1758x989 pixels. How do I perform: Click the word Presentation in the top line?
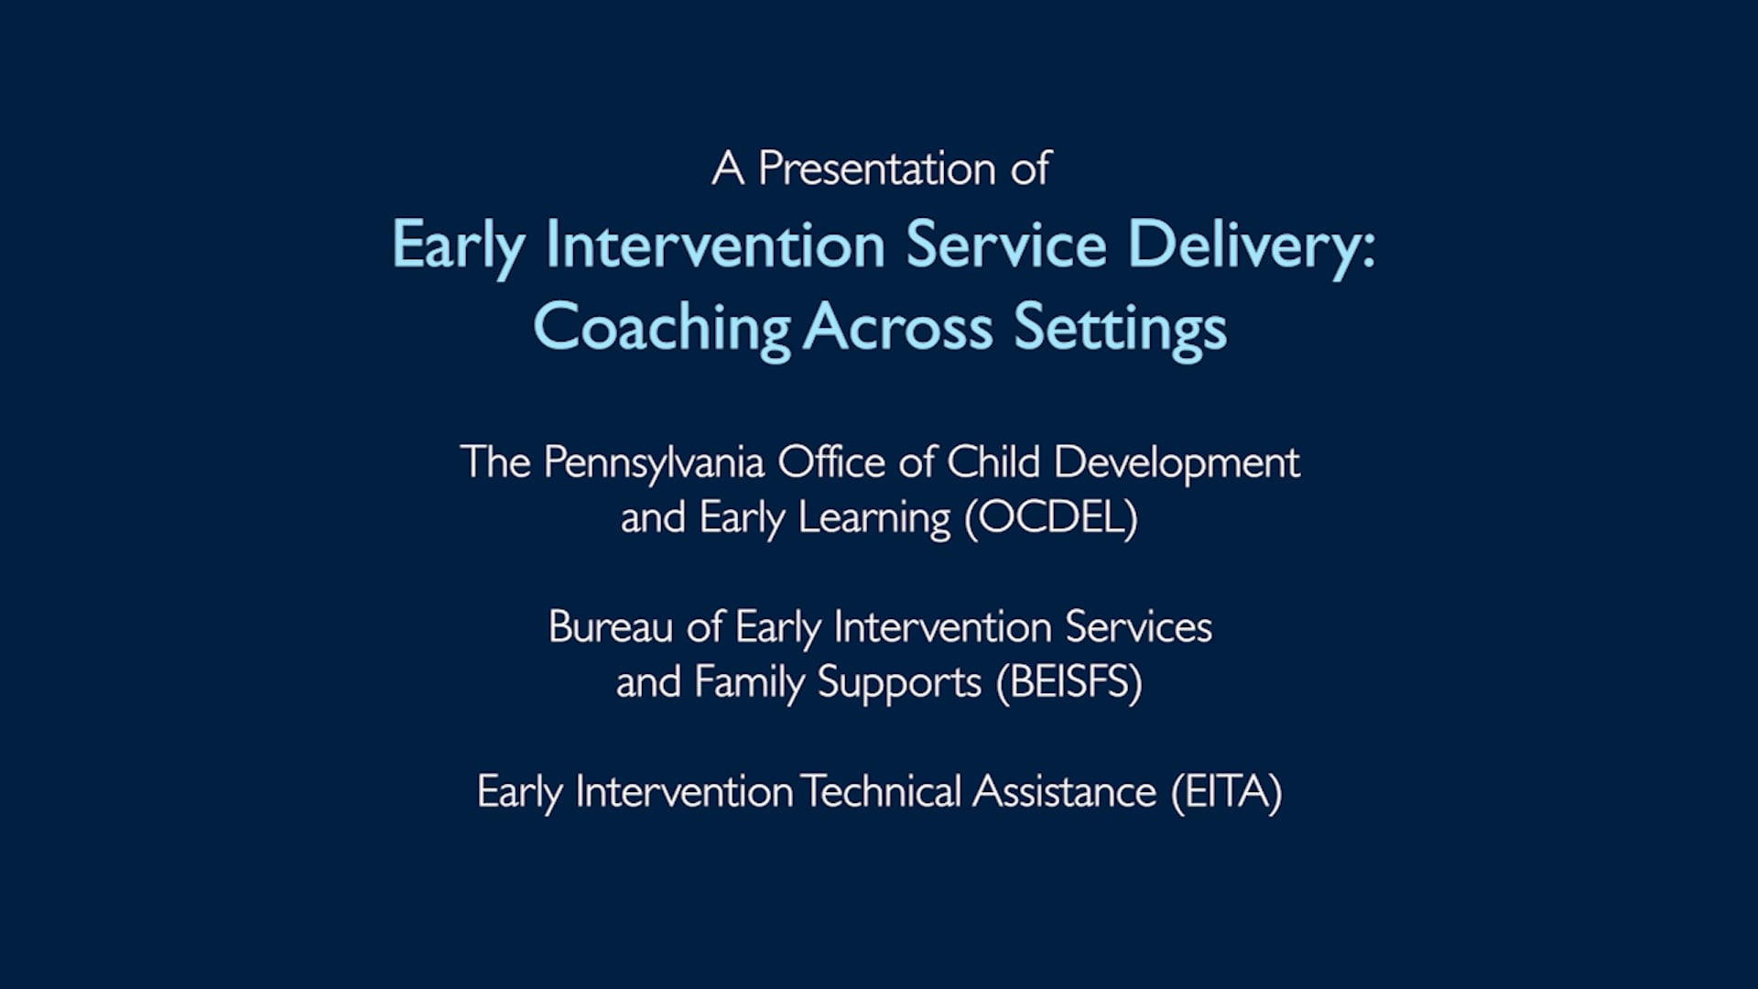click(x=876, y=169)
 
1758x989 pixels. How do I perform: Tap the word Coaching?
click(x=661, y=328)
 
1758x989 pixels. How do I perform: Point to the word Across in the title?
click(x=898, y=328)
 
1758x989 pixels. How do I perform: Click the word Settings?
click(x=1120, y=328)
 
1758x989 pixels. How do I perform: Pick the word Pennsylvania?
click(x=654, y=462)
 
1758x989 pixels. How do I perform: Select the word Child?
click(x=993, y=462)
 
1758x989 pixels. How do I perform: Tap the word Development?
click(x=1177, y=462)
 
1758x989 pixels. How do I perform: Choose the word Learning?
click(x=874, y=518)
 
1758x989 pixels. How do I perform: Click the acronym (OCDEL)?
click(x=1051, y=518)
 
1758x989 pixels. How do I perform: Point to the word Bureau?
click(x=611, y=628)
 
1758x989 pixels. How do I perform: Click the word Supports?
click(x=899, y=683)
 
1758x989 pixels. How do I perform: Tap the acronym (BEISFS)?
click(x=1069, y=683)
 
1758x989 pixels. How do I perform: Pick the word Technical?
click(x=881, y=792)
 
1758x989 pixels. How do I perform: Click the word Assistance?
click(x=1064, y=792)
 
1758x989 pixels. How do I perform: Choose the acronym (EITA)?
click(x=1227, y=792)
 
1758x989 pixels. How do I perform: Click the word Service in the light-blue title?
click(x=1006, y=245)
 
